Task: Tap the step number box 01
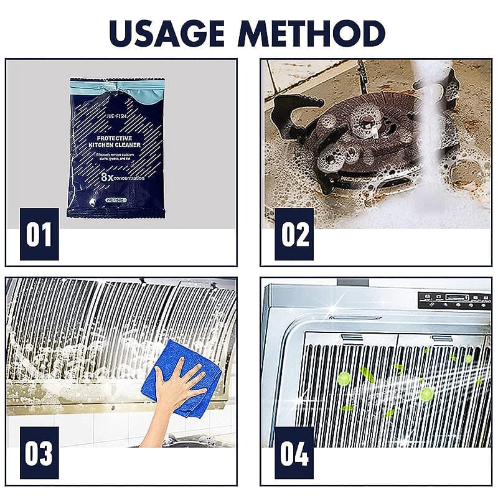[x=39, y=234]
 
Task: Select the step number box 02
[x=294, y=234]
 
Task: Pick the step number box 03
[x=39, y=453]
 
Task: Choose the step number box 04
[x=294, y=453]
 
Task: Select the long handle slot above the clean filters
[x=355, y=317]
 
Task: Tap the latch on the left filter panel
[x=352, y=338]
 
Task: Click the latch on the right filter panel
[x=443, y=339]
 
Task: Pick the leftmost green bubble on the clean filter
[x=343, y=378]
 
